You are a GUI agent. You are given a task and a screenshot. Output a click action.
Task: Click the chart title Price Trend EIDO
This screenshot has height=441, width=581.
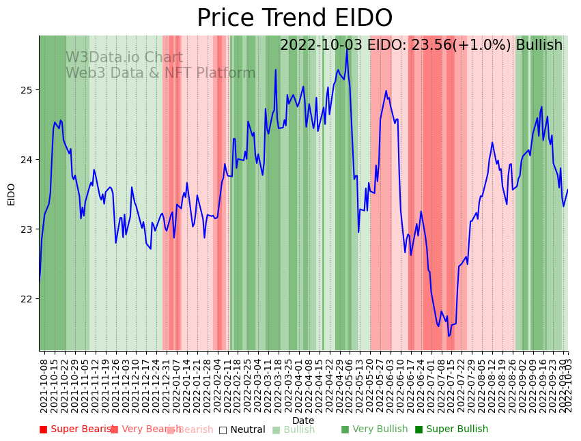click(x=294, y=18)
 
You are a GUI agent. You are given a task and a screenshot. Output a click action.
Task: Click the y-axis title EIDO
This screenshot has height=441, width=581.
click(x=12, y=194)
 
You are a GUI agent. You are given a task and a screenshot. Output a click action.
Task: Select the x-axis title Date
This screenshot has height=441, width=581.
click(x=303, y=421)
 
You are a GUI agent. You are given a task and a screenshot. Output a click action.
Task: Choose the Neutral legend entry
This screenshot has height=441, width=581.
click(x=242, y=429)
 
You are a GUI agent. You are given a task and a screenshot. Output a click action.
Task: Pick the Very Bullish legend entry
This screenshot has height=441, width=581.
click(x=374, y=429)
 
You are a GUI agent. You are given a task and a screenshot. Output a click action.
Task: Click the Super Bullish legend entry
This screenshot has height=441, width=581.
click(x=452, y=429)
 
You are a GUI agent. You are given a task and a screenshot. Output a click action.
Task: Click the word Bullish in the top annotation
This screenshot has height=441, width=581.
click(x=539, y=45)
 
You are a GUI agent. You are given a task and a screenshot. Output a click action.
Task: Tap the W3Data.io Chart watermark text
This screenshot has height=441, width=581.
click(x=124, y=58)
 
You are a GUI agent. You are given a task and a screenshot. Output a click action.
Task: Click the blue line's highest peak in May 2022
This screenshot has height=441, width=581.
click(x=347, y=50)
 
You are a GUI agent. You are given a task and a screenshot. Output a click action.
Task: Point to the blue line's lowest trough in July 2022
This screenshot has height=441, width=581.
click(x=449, y=336)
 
